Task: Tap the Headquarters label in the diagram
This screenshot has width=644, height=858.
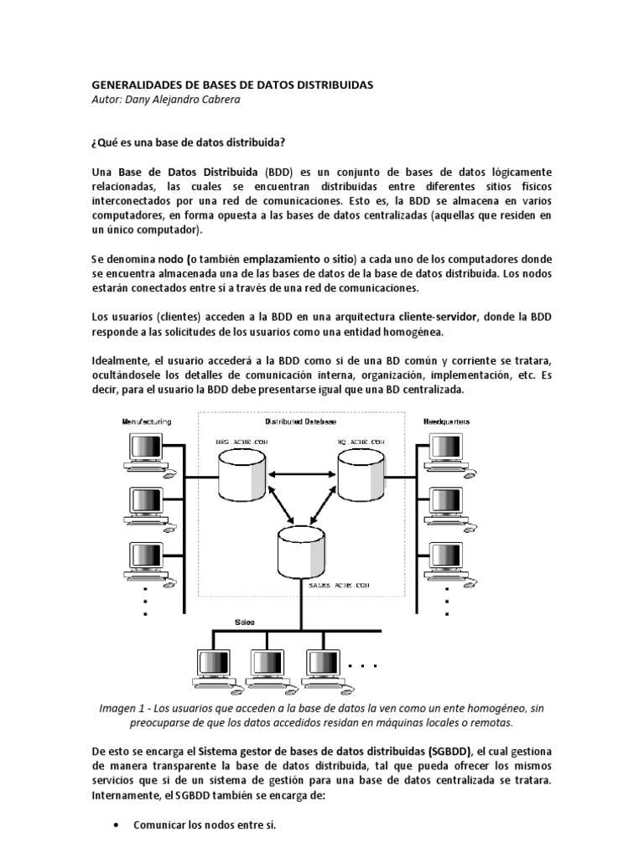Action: coord(446,421)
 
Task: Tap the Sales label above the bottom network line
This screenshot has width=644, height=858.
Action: coord(244,623)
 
